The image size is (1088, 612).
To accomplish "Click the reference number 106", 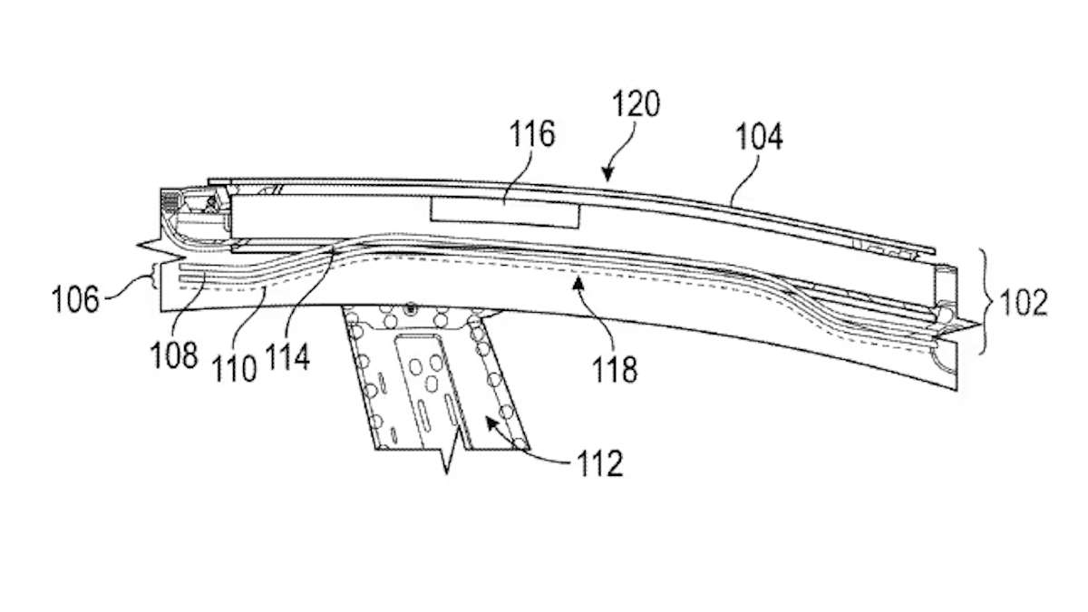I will [74, 300].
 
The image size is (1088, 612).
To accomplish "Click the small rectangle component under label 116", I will [505, 214].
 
